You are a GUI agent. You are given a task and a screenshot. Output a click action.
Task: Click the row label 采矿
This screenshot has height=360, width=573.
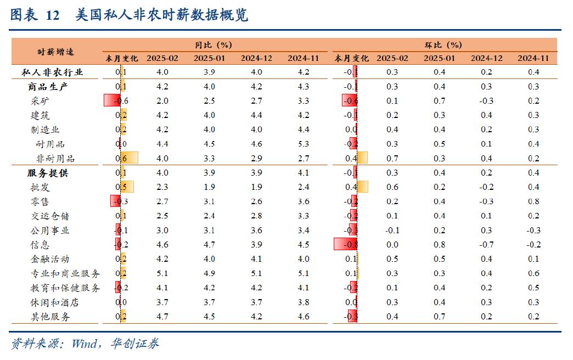tap(40, 101)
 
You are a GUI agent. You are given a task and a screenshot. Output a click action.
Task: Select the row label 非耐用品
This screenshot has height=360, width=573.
tap(55, 159)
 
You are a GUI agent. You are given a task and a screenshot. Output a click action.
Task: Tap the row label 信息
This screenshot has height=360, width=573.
tap(40, 245)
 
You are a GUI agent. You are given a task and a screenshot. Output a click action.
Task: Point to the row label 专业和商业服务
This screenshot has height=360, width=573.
tap(65, 273)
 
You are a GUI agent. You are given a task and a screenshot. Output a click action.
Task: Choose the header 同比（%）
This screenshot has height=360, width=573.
tap(214, 44)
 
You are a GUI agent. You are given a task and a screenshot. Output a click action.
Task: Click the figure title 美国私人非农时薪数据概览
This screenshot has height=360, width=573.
tap(162, 15)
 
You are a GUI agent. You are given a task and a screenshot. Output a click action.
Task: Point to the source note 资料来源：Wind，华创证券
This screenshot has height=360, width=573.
tap(85, 344)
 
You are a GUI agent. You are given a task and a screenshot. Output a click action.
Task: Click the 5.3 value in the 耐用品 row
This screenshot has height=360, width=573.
tap(303, 144)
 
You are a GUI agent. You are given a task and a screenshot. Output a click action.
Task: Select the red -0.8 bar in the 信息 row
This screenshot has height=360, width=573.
tap(345, 245)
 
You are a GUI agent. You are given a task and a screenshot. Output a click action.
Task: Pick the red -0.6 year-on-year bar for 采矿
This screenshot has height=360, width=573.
tap(112, 101)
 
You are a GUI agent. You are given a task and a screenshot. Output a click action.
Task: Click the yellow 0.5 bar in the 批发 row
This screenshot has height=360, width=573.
tap(127, 187)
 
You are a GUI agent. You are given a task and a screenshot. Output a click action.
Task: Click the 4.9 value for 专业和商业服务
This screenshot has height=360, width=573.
tap(210, 273)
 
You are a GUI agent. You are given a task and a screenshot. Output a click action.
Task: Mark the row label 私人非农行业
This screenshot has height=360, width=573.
tap(52, 72)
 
